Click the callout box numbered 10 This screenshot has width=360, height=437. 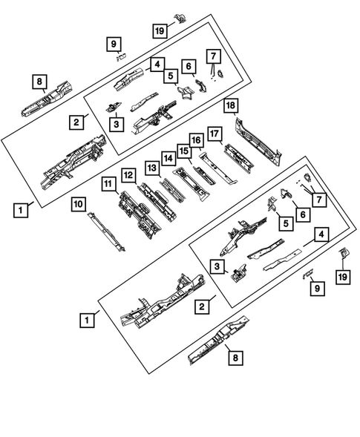(x=79, y=203)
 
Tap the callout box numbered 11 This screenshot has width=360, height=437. (x=109, y=183)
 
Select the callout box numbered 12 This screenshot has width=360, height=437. (x=128, y=174)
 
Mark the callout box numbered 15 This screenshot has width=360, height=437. (x=183, y=150)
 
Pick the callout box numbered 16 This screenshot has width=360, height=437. (x=197, y=141)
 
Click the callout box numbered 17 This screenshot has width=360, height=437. (x=215, y=134)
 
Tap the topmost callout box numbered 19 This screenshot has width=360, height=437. (x=159, y=30)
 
